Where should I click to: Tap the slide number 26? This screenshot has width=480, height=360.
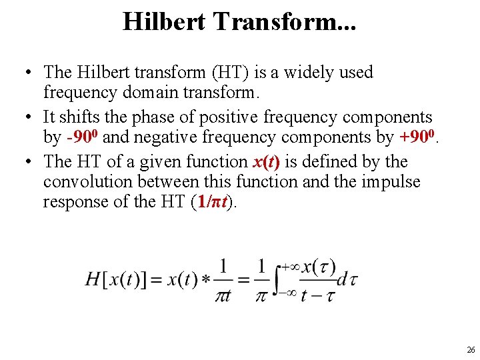471,349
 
